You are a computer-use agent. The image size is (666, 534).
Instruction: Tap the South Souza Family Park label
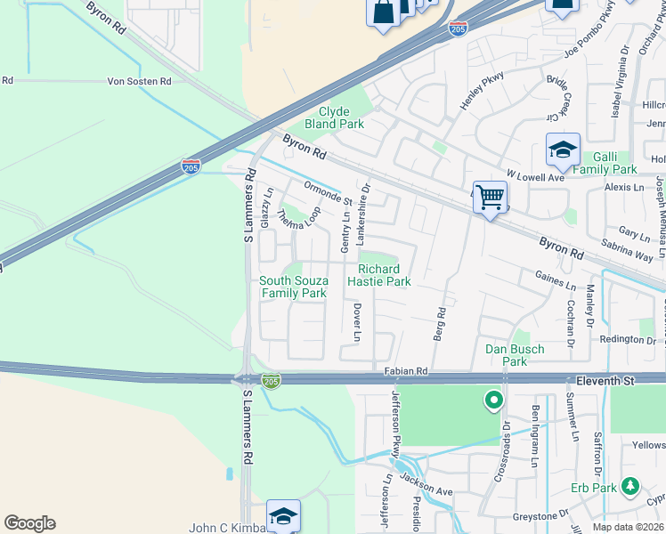coord(293,287)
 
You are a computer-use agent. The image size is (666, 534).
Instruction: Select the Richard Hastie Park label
coord(384,275)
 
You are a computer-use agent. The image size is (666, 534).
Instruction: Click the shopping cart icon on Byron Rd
coord(490,197)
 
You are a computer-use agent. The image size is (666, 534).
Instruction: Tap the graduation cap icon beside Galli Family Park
coord(563,151)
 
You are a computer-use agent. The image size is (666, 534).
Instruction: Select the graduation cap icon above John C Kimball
coord(283,515)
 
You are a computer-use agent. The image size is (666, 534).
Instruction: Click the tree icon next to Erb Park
coord(630,486)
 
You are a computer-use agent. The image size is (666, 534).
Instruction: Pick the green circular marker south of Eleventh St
coord(491,401)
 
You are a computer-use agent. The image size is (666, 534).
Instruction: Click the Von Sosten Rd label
coord(139,81)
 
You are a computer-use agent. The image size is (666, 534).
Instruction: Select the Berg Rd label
coord(440,325)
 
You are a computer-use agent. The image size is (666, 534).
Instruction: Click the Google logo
coord(29,523)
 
